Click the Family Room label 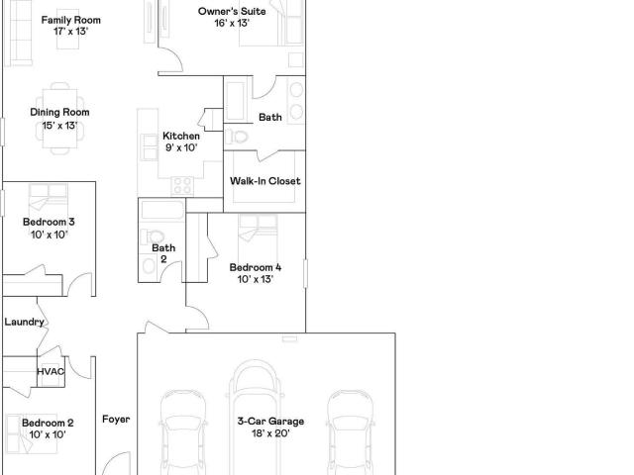70,20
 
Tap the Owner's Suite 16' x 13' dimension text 232,23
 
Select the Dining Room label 59,112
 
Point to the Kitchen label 181,136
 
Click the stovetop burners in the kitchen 182,186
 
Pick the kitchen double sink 150,147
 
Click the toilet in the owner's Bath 237,137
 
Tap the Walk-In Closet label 265,180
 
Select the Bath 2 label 163,253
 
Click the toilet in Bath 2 152,237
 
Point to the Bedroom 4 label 256,267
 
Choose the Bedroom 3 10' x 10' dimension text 49,235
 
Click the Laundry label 24,322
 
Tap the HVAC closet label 51,372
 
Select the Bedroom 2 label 48,423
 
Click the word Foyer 116,420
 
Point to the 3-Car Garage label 270,422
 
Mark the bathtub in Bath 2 162,210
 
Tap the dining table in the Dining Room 59,119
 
